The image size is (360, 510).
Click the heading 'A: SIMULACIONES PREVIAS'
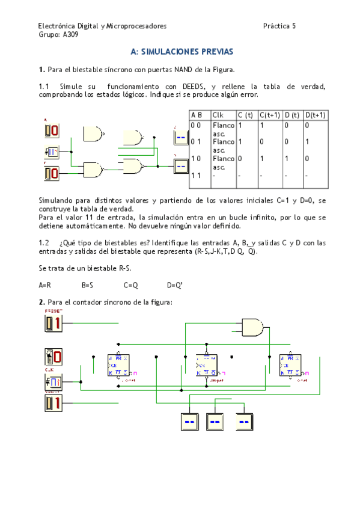(x=182, y=52)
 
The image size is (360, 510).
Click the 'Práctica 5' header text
(x=279, y=26)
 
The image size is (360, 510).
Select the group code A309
(x=70, y=35)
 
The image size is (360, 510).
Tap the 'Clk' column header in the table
(x=217, y=115)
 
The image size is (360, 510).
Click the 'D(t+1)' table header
(x=315, y=115)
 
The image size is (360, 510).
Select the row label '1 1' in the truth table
(x=195, y=175)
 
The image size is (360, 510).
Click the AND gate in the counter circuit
(x=252, y=327)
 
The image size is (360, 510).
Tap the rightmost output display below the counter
(x=245, y=422)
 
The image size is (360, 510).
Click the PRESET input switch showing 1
(x=53, y=324)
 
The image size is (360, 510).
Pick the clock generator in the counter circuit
(x=52, y=382)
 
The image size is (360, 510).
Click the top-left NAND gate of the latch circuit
(x=93, y=133)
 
